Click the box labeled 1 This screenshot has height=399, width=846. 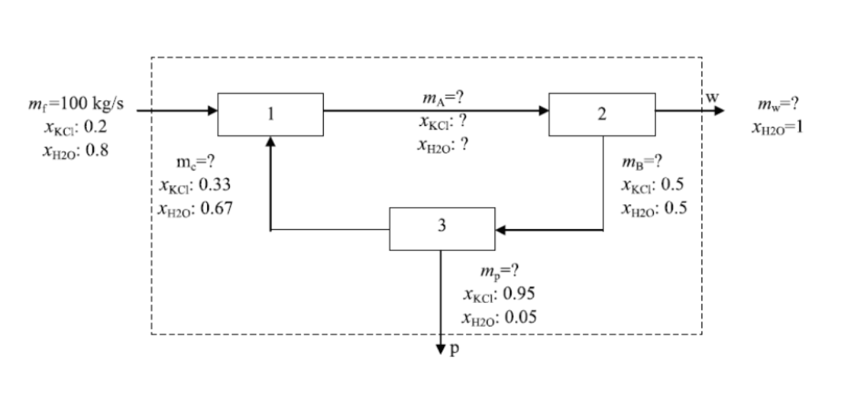[270, 115]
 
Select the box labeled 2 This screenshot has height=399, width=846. [602, 115]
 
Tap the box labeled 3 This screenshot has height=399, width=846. [442, 228]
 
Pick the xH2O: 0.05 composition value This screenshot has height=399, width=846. [499, 317]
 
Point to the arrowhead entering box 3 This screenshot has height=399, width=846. [501, 230]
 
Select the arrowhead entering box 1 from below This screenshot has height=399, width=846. [270, 141]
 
